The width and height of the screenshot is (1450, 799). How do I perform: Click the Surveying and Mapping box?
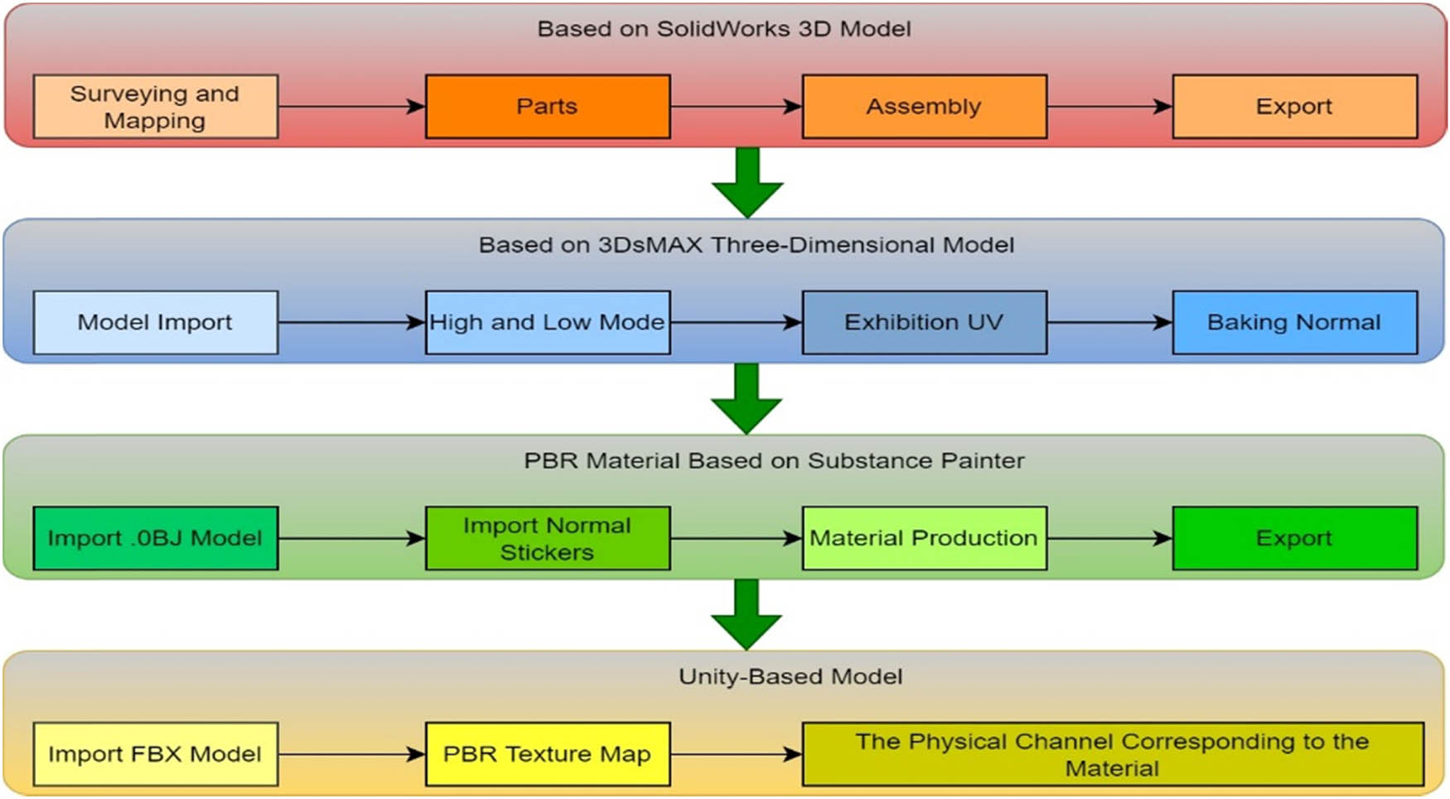pos(155,107)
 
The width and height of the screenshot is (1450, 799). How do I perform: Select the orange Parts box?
pos(547,107)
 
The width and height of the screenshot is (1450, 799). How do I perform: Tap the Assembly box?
pos(924,107)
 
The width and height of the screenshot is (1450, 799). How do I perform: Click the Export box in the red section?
pos(1294,107)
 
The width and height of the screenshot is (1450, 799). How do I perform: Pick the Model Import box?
pos(155,322)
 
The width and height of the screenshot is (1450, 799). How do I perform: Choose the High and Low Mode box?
pos(547,322)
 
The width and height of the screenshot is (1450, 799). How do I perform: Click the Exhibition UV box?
pos(924,322)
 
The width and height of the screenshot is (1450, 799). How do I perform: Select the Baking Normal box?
pos(1294,322)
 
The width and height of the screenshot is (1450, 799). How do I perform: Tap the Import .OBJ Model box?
pos(155,538)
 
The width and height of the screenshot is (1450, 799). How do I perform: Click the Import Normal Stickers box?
pos(547,538)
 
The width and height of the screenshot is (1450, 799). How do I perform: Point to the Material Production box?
pos(924,538)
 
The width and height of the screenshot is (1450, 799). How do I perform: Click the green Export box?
pos(1294,538)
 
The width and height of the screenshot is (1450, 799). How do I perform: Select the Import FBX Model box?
pos(155,754)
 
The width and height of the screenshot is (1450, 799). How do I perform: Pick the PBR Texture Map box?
pos(547,754)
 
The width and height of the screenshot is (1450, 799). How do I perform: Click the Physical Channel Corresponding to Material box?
pos(1112,754)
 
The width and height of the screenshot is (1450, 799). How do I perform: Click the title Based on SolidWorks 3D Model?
pos(723,29)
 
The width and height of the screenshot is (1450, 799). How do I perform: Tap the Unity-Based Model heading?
pos(790,676)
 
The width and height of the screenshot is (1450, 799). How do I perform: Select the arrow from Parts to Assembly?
pos(736,107)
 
